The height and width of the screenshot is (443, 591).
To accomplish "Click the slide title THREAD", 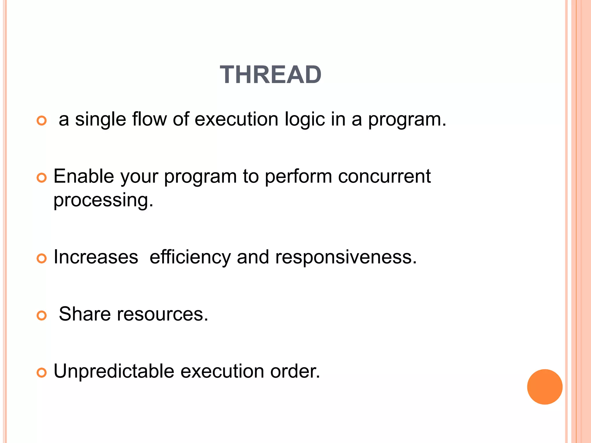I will point(270,75).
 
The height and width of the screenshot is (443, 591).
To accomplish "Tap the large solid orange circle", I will point(545,387).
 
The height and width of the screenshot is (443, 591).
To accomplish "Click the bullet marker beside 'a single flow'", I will point(42,121).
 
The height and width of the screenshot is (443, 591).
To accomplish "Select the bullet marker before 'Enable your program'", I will point(42,178).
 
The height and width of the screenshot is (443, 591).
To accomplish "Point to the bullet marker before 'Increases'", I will point(42,258).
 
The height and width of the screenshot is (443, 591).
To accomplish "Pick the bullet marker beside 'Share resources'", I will point(42,316).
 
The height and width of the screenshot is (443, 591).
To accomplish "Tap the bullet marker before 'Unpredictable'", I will point(42,373).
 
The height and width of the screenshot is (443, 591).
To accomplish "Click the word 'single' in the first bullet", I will point(100,119).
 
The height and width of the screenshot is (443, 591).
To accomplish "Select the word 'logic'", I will point(304,119).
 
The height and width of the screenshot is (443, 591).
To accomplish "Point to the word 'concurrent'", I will point(384,176).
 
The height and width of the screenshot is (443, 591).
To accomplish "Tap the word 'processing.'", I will point(103,200).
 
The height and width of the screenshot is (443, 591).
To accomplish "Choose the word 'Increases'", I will point(96,257).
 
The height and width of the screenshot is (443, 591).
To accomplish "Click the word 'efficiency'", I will point(190,257).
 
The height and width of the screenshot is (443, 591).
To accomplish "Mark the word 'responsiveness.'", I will point(346,257).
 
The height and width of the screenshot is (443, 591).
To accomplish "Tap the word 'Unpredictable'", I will point(114,371).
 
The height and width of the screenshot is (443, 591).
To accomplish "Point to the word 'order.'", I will point(295,371).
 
